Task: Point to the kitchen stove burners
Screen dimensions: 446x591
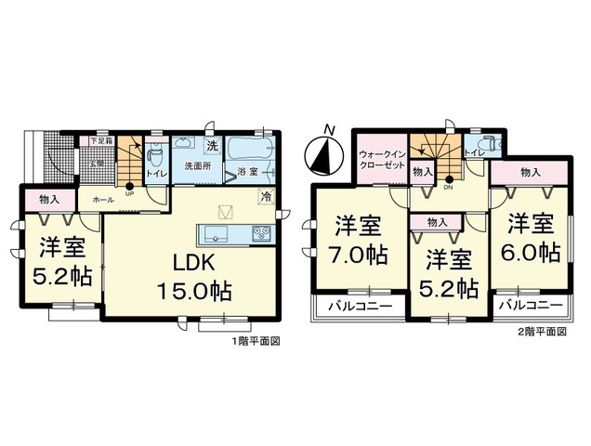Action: click(259, 232)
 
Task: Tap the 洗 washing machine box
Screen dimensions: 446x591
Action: click(212, 145)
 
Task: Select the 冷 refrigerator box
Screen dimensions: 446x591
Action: click(266, 197)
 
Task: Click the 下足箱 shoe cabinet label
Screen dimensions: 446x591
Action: click(100, 141)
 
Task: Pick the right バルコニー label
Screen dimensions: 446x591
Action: click(529, 305)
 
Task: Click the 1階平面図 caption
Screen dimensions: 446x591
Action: click(256, 341)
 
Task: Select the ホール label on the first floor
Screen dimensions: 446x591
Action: click(103, 199)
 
